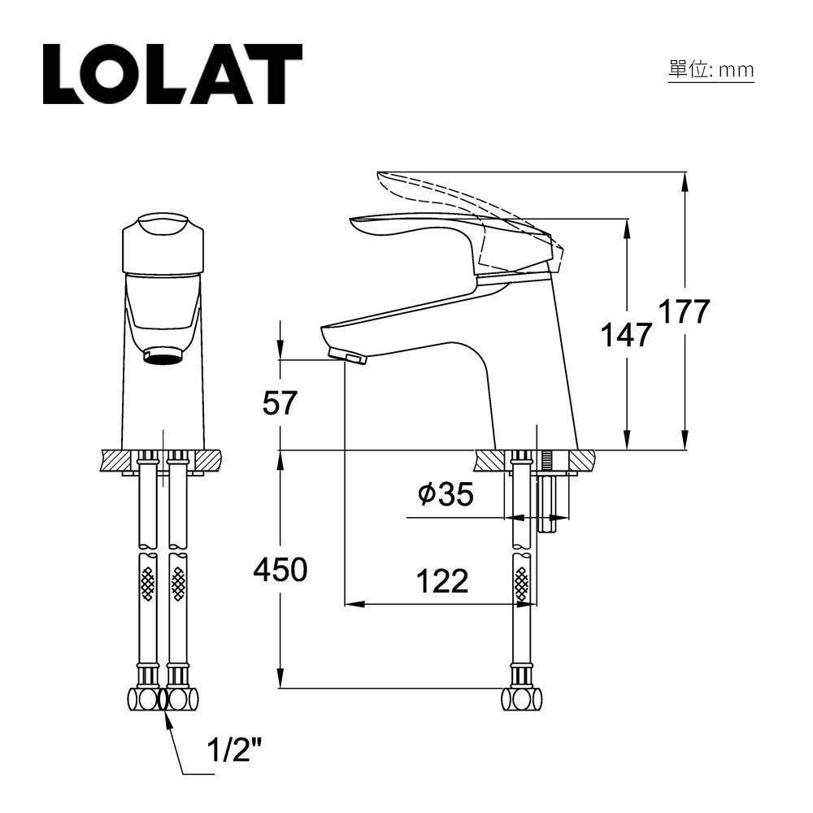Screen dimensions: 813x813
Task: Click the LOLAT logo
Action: coord(172,74)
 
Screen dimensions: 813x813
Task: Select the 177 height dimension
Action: coord(684,311)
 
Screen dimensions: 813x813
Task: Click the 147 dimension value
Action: coord(626,334)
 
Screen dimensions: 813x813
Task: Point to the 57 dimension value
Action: coord(280,403)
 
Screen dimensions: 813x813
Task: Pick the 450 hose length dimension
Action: coord(280,571)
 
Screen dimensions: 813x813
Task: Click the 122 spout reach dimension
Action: coord(442,581)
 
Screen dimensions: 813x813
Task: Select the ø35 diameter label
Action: coord(445,494)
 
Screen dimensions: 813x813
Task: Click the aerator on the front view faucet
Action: coord(163,356)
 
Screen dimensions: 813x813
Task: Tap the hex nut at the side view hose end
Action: coord(521,698)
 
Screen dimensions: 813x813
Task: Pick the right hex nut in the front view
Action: coord(181,698)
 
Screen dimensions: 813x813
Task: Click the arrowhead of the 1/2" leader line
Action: coord(168,713)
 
